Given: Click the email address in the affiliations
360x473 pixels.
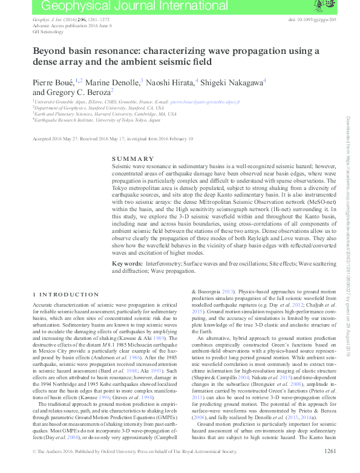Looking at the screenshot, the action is point(206,103).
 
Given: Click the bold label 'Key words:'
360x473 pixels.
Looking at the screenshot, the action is point(127,264).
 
